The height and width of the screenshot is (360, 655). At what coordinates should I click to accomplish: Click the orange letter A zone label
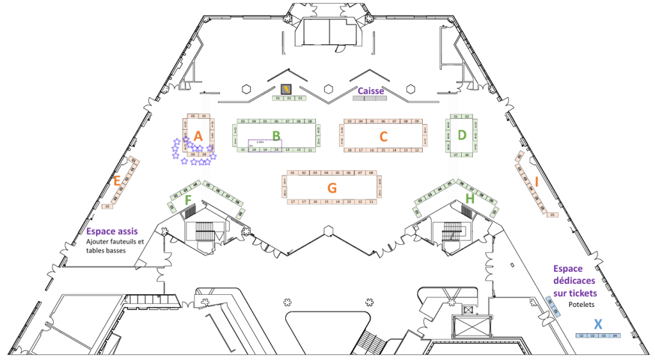coord(198,136)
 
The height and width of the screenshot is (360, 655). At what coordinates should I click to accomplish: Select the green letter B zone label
coord(276,135)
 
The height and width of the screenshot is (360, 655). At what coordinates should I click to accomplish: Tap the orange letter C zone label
coord(383,136)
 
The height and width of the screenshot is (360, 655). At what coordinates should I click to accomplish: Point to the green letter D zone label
coord(462,135)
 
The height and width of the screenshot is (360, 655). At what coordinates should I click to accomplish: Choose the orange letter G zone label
coord(331,188)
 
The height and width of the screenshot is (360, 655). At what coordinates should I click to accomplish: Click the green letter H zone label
coord(470,200)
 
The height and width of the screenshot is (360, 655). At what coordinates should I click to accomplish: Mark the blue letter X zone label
coord(597,324)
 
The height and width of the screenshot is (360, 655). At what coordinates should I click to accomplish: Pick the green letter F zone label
coord(188,200)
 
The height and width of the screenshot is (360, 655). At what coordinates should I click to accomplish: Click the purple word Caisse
coord(370,91)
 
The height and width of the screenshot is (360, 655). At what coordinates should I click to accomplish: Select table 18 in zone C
coord(349,150)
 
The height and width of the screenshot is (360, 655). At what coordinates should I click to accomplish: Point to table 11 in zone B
coord(310,150)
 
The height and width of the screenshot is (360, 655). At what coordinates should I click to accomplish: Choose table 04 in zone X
coord(615,336)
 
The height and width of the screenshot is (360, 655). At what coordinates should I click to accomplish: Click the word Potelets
coord(582,305)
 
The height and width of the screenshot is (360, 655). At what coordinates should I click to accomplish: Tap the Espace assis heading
coord(111,231)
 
